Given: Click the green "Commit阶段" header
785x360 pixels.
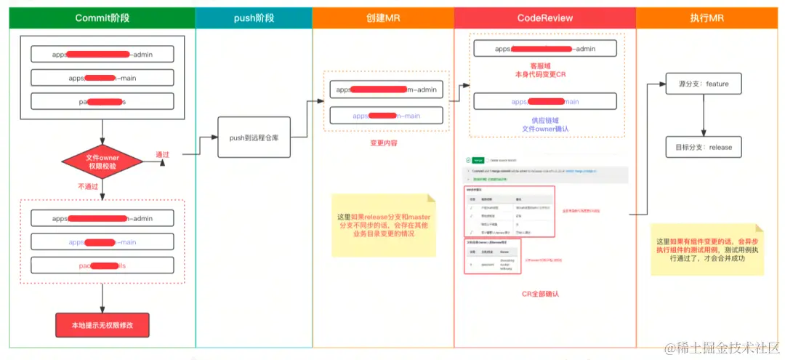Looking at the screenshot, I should tap(102, 18).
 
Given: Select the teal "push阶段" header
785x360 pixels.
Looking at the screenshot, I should tap(254, 18).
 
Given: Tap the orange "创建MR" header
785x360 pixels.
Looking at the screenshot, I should tap(383, 18).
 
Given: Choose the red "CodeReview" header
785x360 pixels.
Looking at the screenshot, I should tap(544, 18).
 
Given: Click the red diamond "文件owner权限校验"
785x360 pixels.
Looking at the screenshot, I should tap(102, 161).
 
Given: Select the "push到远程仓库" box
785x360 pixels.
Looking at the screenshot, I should tap(254, 137).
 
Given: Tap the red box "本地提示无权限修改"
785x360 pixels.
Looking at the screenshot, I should tap(102, 325).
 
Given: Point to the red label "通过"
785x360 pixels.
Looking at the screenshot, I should tap(162, 155).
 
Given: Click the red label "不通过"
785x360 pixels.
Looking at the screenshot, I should tap(88, 186).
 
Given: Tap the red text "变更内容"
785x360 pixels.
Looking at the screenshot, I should tap(383, 143).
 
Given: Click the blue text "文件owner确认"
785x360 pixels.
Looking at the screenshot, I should tap(544, 129).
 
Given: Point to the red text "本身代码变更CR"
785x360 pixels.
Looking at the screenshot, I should tap(540, 75).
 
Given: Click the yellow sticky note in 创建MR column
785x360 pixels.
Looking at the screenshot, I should tap(383, 225).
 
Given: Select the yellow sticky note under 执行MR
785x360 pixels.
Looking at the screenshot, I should tap(706, 249).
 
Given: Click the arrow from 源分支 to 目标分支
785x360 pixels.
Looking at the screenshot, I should tap(702, 115).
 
